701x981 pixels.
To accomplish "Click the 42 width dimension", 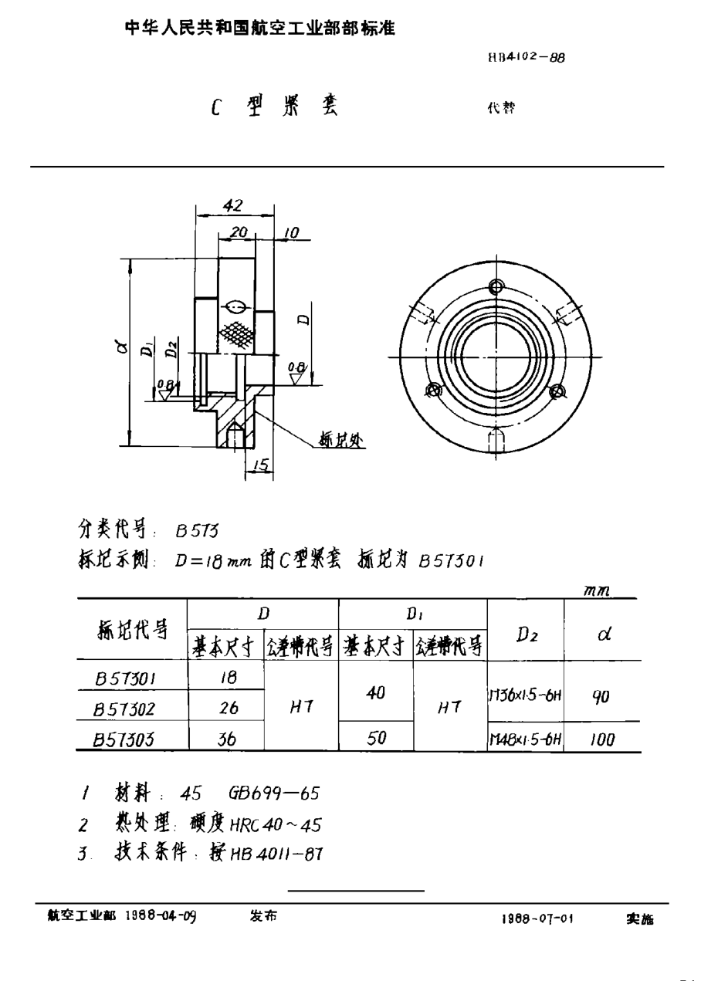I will (232, 205).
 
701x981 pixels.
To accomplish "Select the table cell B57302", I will (126, 709).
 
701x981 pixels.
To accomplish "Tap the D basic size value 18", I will (228, 678).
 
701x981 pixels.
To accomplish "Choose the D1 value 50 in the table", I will (376, 738).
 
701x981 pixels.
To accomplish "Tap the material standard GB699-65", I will (274, 793).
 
